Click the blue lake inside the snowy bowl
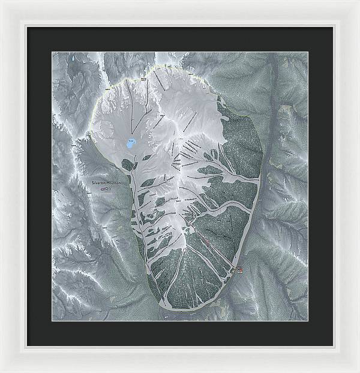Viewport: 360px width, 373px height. pos(130,144)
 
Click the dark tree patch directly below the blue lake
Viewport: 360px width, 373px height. pos(127,163)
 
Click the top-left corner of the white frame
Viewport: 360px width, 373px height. pos(2,2)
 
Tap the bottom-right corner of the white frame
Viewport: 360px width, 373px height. pos(358,371)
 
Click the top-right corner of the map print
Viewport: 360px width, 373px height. pos(308,52)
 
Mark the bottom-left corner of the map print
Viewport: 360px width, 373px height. pos(52,320)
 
